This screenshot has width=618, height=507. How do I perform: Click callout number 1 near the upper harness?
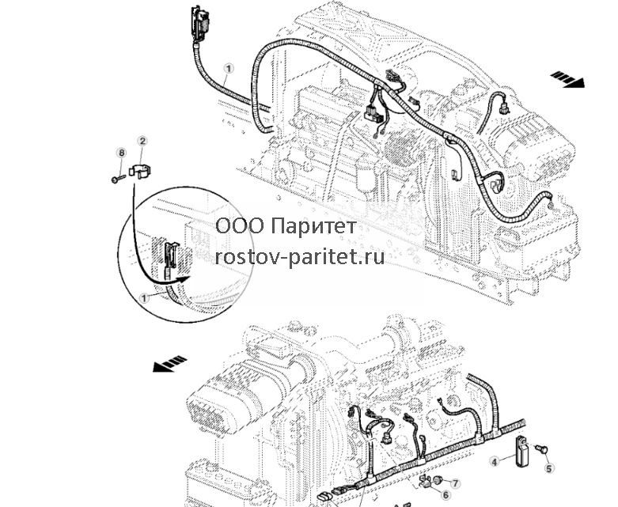point(229,69)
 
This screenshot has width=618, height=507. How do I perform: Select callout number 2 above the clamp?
point(142,141)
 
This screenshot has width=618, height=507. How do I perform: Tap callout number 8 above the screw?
point(121,153)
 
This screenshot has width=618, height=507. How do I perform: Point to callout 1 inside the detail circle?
point(144,298)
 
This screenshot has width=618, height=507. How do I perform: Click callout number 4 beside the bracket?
point(495,461)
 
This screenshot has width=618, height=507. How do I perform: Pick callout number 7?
point(455,483)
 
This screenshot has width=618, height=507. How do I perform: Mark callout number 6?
point(445,495)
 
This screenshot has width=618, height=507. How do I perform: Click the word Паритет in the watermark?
point(314,227)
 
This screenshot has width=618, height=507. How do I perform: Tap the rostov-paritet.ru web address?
point(300,257)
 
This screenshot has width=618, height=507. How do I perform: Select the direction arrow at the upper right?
point(567,79)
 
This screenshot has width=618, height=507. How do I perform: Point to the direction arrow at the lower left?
point(169,364)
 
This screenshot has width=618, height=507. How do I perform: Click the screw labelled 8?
point(118,179)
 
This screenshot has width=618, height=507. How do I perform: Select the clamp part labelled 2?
point(141,171)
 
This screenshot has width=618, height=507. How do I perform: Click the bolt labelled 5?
point(540,448)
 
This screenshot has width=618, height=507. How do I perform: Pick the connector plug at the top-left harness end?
point(200,24)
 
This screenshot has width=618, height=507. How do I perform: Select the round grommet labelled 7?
point(437,479)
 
